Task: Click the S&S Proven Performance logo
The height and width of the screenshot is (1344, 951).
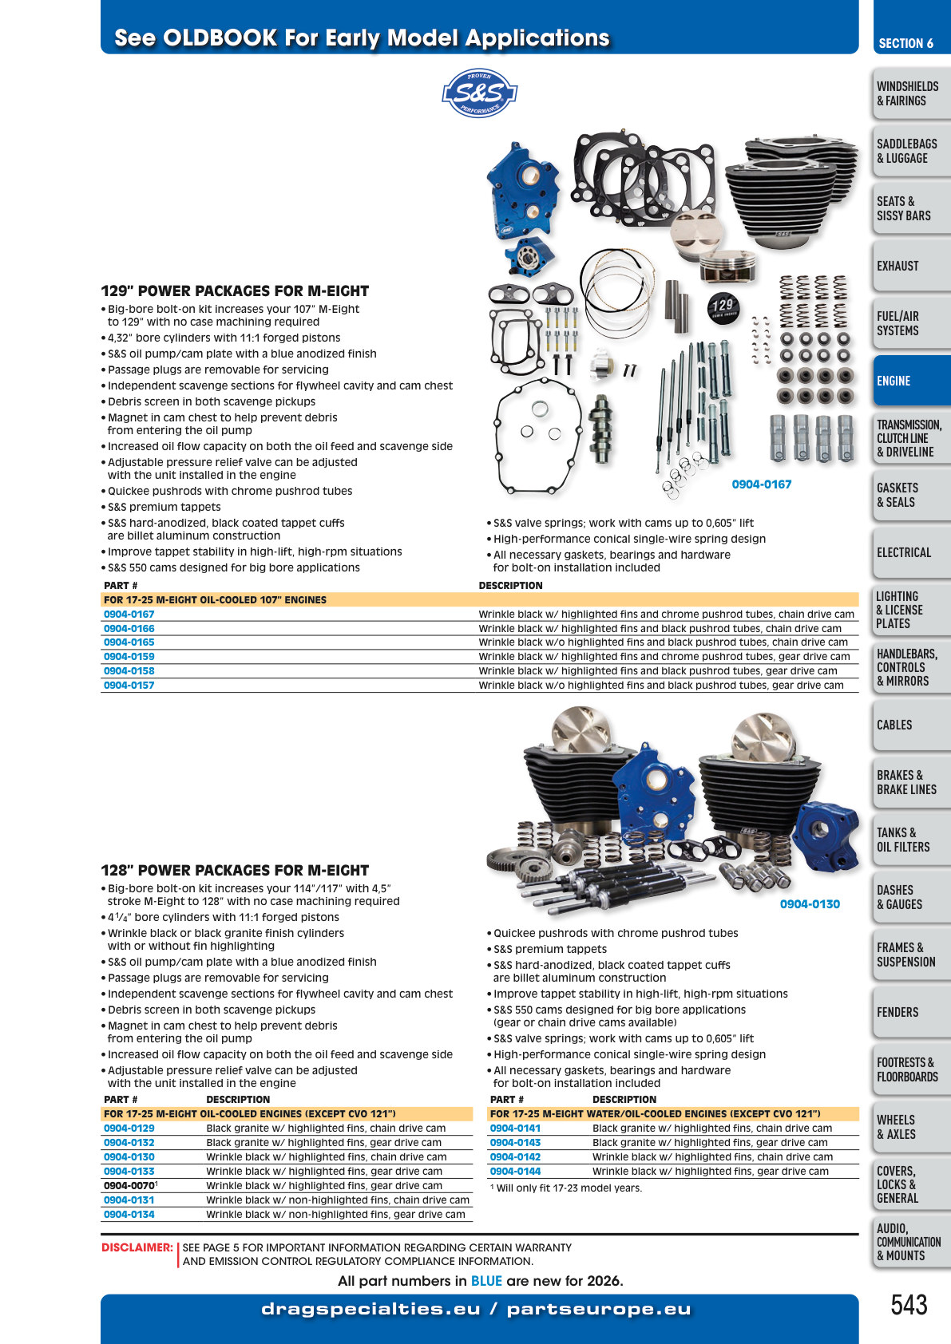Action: click(479, 93)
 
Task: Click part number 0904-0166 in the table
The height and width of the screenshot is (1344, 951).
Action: click(129, 628)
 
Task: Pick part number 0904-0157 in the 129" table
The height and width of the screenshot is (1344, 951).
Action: click(129, 686)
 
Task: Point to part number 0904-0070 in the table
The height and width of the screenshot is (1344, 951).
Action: click(129, 1186)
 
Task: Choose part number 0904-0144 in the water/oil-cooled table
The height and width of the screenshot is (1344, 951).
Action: click(515, 1171)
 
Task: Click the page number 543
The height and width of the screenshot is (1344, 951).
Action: click(909, 1305)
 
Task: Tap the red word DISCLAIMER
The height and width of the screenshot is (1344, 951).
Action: click(137, 1247)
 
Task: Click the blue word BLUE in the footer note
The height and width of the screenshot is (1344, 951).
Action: click(486, 1281)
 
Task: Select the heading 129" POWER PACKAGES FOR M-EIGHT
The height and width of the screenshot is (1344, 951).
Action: click(235, 291)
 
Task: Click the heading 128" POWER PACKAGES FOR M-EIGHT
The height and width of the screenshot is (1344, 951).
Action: click(235, 870)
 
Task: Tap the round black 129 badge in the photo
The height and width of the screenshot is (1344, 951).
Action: click(723, 308)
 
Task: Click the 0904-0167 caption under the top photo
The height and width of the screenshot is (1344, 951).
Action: click(761, 484)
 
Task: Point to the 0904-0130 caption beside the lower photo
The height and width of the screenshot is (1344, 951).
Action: click(810, 904)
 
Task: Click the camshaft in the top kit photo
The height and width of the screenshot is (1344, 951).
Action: click(601, 429)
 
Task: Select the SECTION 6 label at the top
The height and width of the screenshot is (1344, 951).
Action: click(906, 43)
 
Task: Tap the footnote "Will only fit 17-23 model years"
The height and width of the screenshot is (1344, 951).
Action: click(566, 1188)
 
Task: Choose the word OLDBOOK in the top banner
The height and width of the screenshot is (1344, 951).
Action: click(220, 38)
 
